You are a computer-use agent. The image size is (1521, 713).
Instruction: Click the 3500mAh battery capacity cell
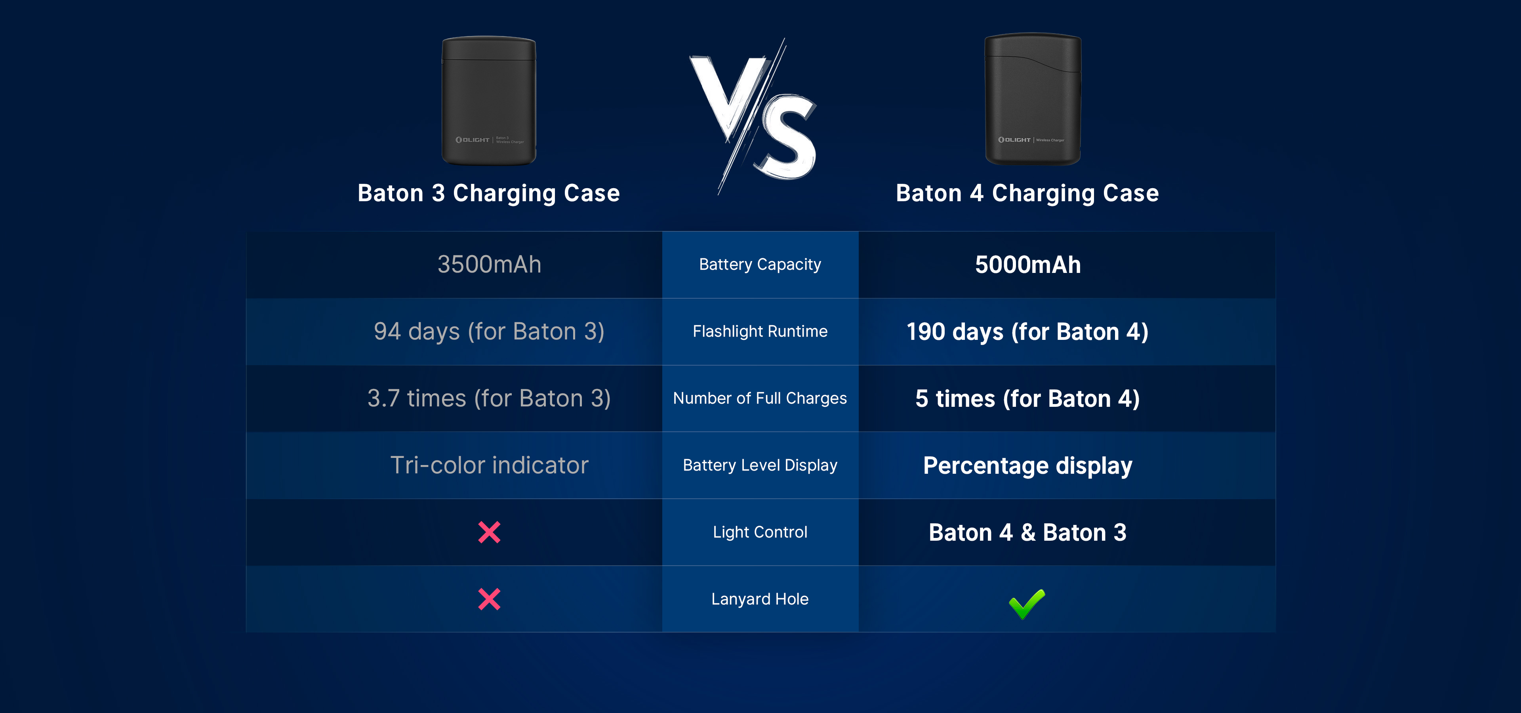pyautogui.click(x=489, y=265)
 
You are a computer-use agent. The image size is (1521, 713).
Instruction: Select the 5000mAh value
pyautogui.click(x=1028, y=265)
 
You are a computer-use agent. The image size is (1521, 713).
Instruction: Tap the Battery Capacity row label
pyautogui.click(x=760, y=265)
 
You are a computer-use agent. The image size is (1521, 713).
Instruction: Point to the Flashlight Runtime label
pyautogui.click(x=760, y=331)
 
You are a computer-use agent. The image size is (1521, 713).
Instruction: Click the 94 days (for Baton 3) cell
pyautogui.click(x=489, y=332)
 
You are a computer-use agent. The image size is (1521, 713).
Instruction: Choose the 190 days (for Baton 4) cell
pyautogui.click(x=1027, y=332)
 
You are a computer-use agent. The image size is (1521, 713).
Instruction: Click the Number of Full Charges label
pyautogui.click(x=760, y=398)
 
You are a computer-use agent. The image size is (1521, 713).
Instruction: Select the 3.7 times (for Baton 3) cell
pyautogui.click(x=489, y=398)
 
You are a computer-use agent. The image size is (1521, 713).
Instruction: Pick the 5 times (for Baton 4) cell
pyautogui.click(x=1027, y=398)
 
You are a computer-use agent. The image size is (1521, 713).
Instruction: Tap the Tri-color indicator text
pyautogui.click(x=489, y=465)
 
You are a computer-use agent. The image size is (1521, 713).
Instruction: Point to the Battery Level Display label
pyautogui.click(x=760, y=465)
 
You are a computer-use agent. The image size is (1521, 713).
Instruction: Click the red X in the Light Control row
pyautogui.click(x=489, y=532)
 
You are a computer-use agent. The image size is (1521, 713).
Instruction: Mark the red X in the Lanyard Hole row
pyautogui.click(x=489, y=599)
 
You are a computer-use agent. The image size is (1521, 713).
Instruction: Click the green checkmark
pyautogui.click(x=1027, y=604)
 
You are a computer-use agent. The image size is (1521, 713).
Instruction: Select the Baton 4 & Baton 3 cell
pyautogui.click(x=1027, y=532)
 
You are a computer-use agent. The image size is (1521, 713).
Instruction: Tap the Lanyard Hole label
pyautogui.click(x=760, y=599)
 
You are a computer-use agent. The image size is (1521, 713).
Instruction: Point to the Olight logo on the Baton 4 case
pyautogui.click(x=1014, y=140)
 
